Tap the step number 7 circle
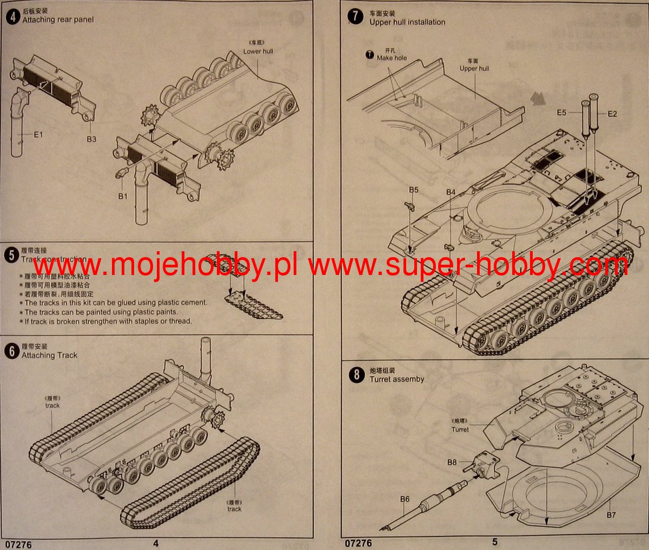click(355, 16)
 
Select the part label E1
click(38, 134)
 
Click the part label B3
click(91, 139)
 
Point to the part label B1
click(123, 196)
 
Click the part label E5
click(561, 113)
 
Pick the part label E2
click(612, 114)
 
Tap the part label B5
click(413, 190)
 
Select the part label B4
click(451, 192)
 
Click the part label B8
click(452, 462)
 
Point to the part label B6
click(405, 499)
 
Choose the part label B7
click(611, 515)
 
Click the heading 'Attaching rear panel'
click(58, 19)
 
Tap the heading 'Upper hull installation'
click(407, 22)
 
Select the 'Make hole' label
click(392, 58)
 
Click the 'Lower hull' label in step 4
click(258, 51)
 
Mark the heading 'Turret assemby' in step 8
click(396, 379)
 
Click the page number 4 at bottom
click(156, 543)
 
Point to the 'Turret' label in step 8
click(460, 429)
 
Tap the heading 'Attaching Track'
click(49, 355)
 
